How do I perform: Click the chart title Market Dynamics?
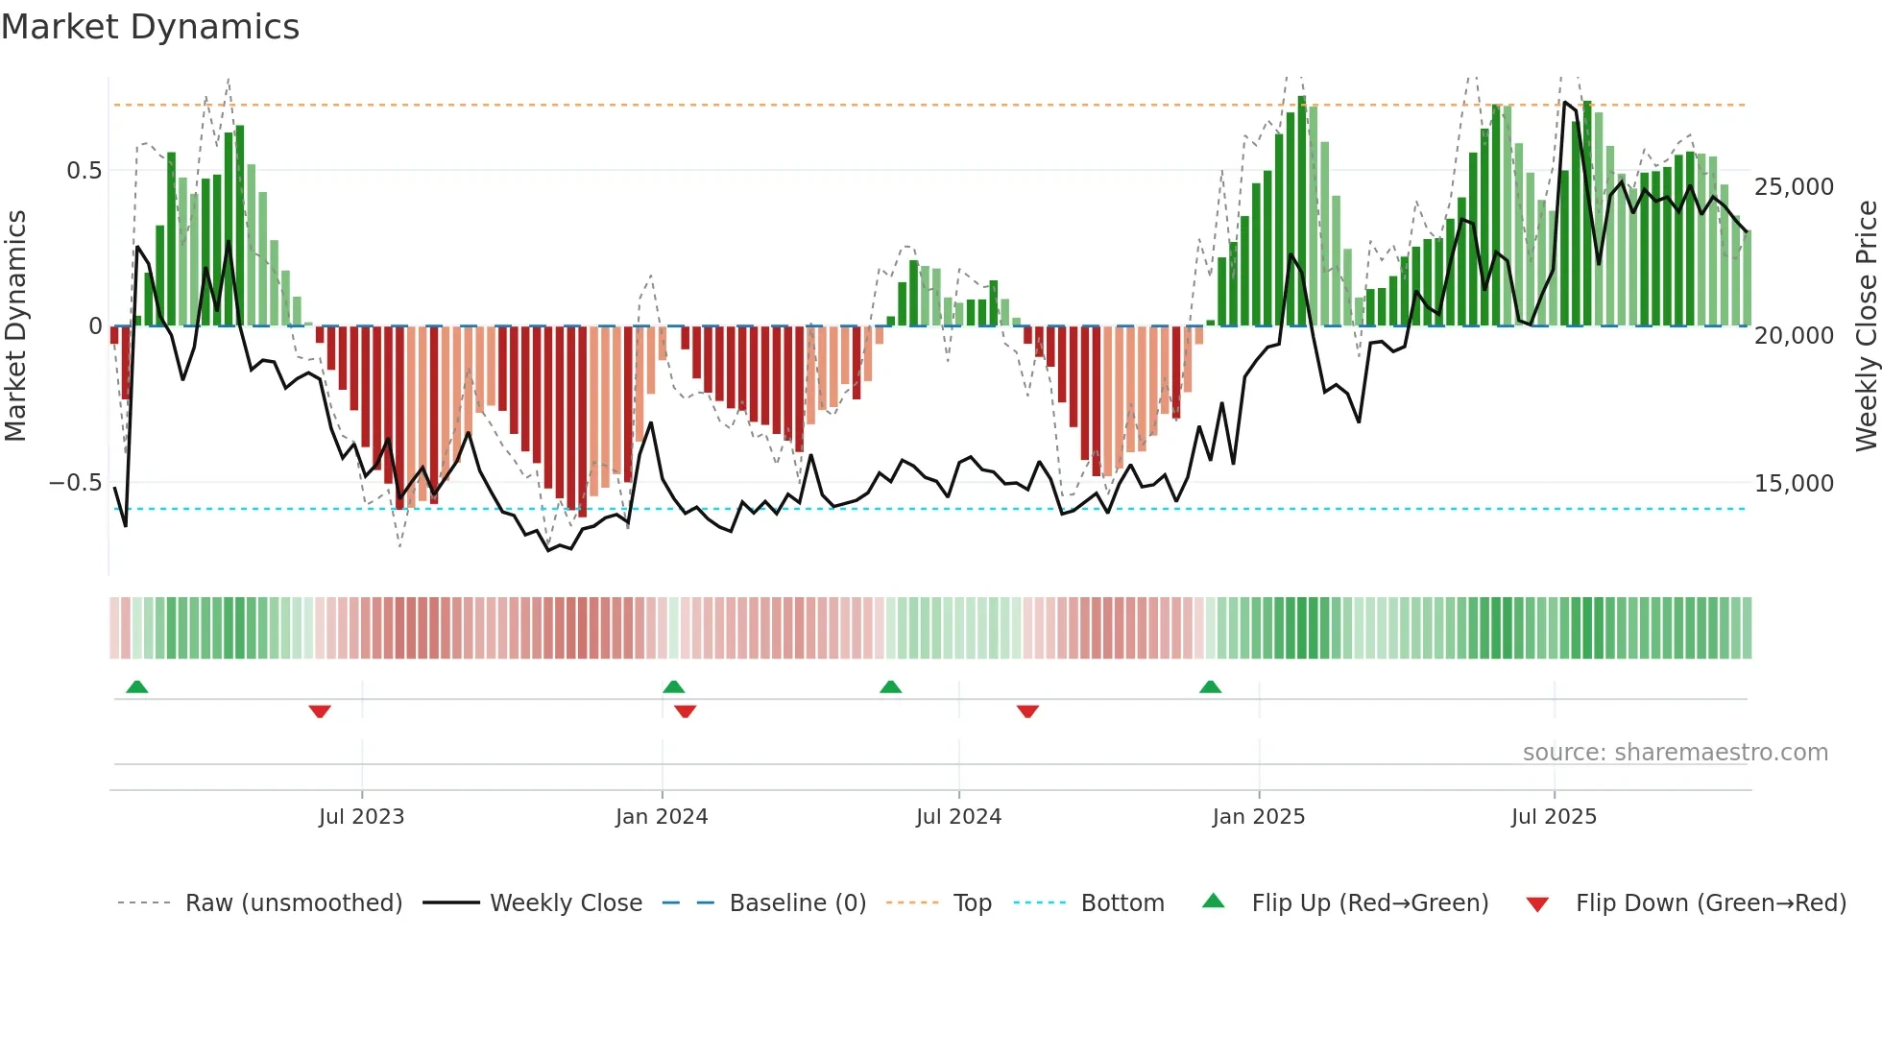tap(150, 27)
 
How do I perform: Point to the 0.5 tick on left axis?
tap(84, 171)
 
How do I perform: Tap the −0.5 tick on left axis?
tap(76, 483)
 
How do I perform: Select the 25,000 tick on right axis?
tap(1794, 187)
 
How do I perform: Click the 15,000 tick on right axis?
tap(1794, 484)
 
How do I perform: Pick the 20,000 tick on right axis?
tap(1794, 336)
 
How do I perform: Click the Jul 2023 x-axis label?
tap(361, 817)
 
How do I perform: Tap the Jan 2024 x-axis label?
tap(662, 817)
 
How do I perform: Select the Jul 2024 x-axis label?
tap(958, 817)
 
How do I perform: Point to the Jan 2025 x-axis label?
tap(1259, 817)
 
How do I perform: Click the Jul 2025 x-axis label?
tap(1554, 817)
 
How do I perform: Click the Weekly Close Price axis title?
tap(1866, 326)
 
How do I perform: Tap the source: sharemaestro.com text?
tap(1675, 753)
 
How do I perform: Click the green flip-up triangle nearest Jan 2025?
tap(1210, 687)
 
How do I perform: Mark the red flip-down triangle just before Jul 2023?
tap(320, 711)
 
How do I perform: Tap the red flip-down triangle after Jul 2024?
tap(1027, 711)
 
